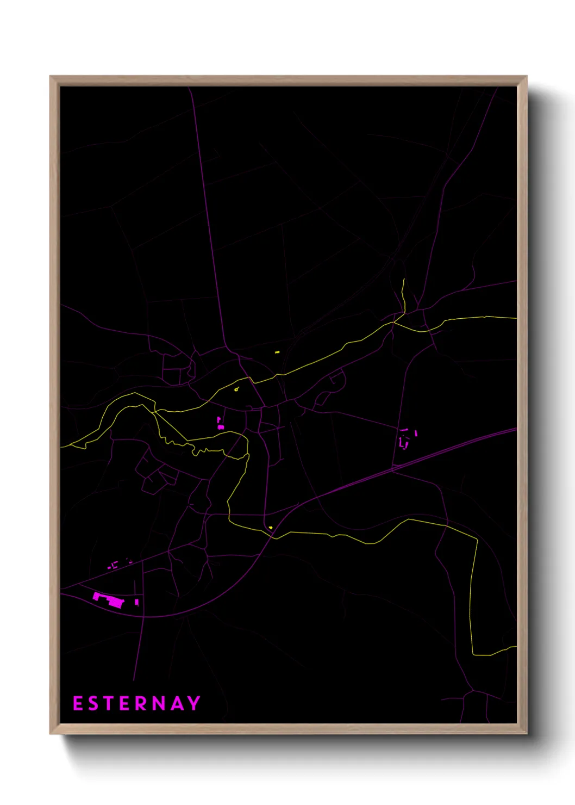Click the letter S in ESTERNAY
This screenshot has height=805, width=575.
(x=93, y=703)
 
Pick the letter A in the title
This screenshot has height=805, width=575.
(x=177, y=703)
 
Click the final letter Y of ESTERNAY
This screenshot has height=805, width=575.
(x=194, y=703)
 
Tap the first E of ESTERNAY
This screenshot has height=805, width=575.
(x=77, y=703)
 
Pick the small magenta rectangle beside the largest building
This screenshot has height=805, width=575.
(x=136, y=602)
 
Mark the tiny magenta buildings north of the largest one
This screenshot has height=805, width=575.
(x=114, y=565)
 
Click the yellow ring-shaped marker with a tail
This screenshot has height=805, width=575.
(x=236, y=389)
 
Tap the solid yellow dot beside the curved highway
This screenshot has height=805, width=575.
(x=270, y=528)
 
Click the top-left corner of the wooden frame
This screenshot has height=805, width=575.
(x=51, y=77)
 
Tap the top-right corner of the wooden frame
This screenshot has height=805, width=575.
(x=526, y=77)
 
